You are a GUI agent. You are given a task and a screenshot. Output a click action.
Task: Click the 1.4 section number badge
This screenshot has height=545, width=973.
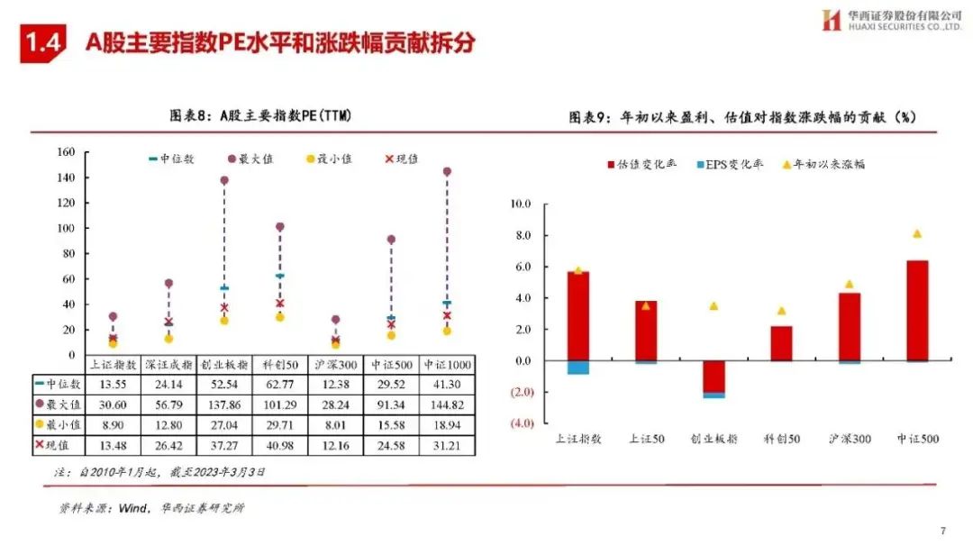(43, 42)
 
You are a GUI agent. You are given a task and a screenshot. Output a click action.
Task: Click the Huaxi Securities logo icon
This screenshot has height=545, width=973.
(831, 20)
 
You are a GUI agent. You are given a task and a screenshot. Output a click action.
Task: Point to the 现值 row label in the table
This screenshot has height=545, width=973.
(59, 446)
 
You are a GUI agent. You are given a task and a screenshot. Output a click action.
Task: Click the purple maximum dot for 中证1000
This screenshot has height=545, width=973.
(447, 171)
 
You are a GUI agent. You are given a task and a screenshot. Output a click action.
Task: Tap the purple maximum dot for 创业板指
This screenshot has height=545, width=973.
(224, 180)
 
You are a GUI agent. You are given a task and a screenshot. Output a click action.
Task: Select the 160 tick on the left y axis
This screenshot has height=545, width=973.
(65, 151)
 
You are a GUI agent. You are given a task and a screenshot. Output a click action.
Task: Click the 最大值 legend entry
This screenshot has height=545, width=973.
(250, 159)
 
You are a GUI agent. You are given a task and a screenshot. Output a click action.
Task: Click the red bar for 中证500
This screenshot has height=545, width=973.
(916, 310)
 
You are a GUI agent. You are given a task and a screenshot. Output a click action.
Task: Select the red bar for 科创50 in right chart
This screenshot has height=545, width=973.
(781, 343)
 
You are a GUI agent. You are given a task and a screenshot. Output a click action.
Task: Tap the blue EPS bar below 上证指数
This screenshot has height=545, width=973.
(577, 368)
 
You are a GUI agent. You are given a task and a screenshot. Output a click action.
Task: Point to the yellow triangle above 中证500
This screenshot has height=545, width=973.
(916, 234)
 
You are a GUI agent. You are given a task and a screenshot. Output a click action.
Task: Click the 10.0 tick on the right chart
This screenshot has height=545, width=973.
(520, 204)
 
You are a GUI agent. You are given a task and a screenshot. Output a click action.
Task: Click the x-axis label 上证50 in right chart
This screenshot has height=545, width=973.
(645, 440)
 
